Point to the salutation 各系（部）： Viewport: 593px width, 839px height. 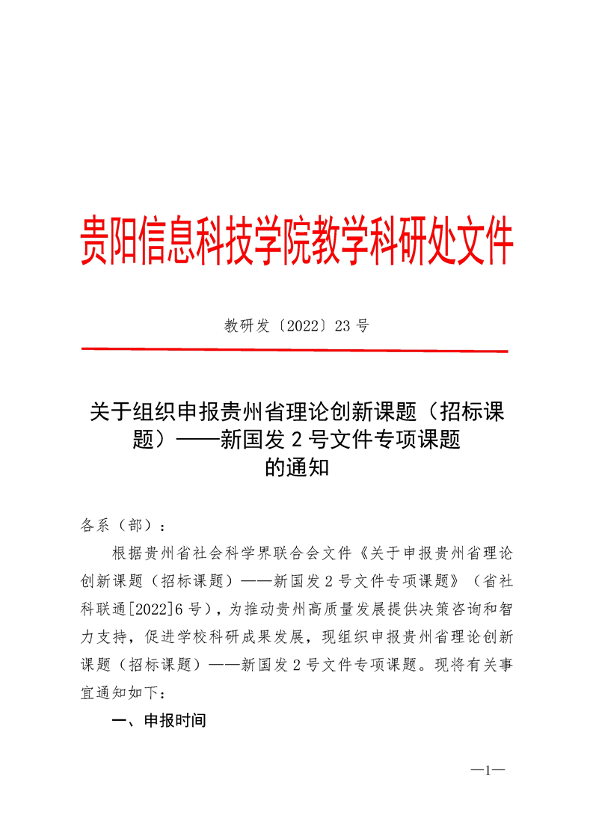point(124,524)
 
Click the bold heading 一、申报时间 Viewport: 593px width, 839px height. point(158,721)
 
